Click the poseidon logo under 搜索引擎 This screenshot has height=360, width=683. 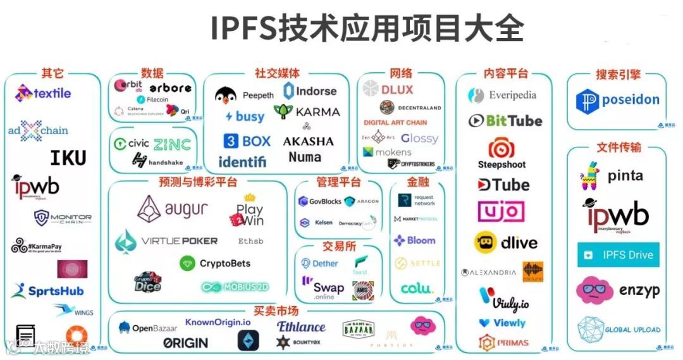(617, 101)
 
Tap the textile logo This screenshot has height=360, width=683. (43, 94)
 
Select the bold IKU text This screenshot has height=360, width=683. (68, 157)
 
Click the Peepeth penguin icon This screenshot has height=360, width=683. (225, 96)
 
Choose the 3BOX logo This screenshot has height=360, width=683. (247, 141)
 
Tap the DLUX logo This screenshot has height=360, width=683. (388, 90)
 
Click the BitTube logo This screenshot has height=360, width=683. (505, 120)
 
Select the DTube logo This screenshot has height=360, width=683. (503, 185)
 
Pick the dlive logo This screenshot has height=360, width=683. (506, 242)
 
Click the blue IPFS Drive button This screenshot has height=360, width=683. (618, 255)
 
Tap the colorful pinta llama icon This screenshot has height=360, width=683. (591, 175)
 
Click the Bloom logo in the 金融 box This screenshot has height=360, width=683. (414, 240)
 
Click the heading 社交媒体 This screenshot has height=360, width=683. (277, 73)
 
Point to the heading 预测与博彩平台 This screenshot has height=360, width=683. (198, 183)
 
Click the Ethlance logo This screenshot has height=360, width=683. (301, 327)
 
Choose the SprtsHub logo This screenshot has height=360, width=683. (47, 291)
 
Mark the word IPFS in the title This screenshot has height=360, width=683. (247, 28)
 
